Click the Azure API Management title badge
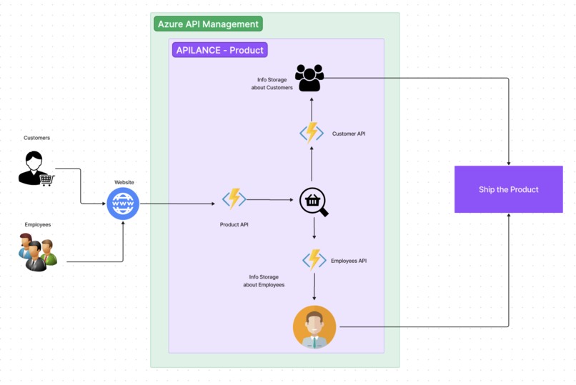click(208, 24)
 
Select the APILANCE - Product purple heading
click(219, 50)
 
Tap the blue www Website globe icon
click(123, 204)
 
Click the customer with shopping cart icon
click(36, 169)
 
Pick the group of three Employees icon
click(38, 252)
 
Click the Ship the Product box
click(508, 189)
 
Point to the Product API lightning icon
click(234, 199)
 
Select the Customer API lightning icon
click(312, 132)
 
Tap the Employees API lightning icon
click(314, 259)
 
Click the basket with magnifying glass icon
click(313, 202)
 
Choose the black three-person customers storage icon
click(309, 78)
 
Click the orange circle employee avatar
click(314, 326)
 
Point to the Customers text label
click(36, 138)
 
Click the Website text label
click(124, 182)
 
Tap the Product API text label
click(234, 224)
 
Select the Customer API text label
click(349, 134)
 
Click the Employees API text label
click(349, 261)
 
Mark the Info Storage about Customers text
click(272, 84)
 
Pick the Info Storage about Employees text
click(264, 281)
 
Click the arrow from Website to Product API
click(177, 204)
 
